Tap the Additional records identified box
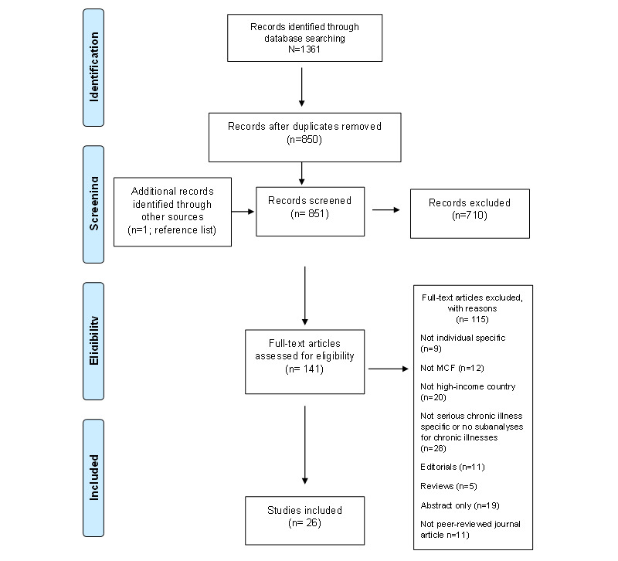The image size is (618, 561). pos(172,212)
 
